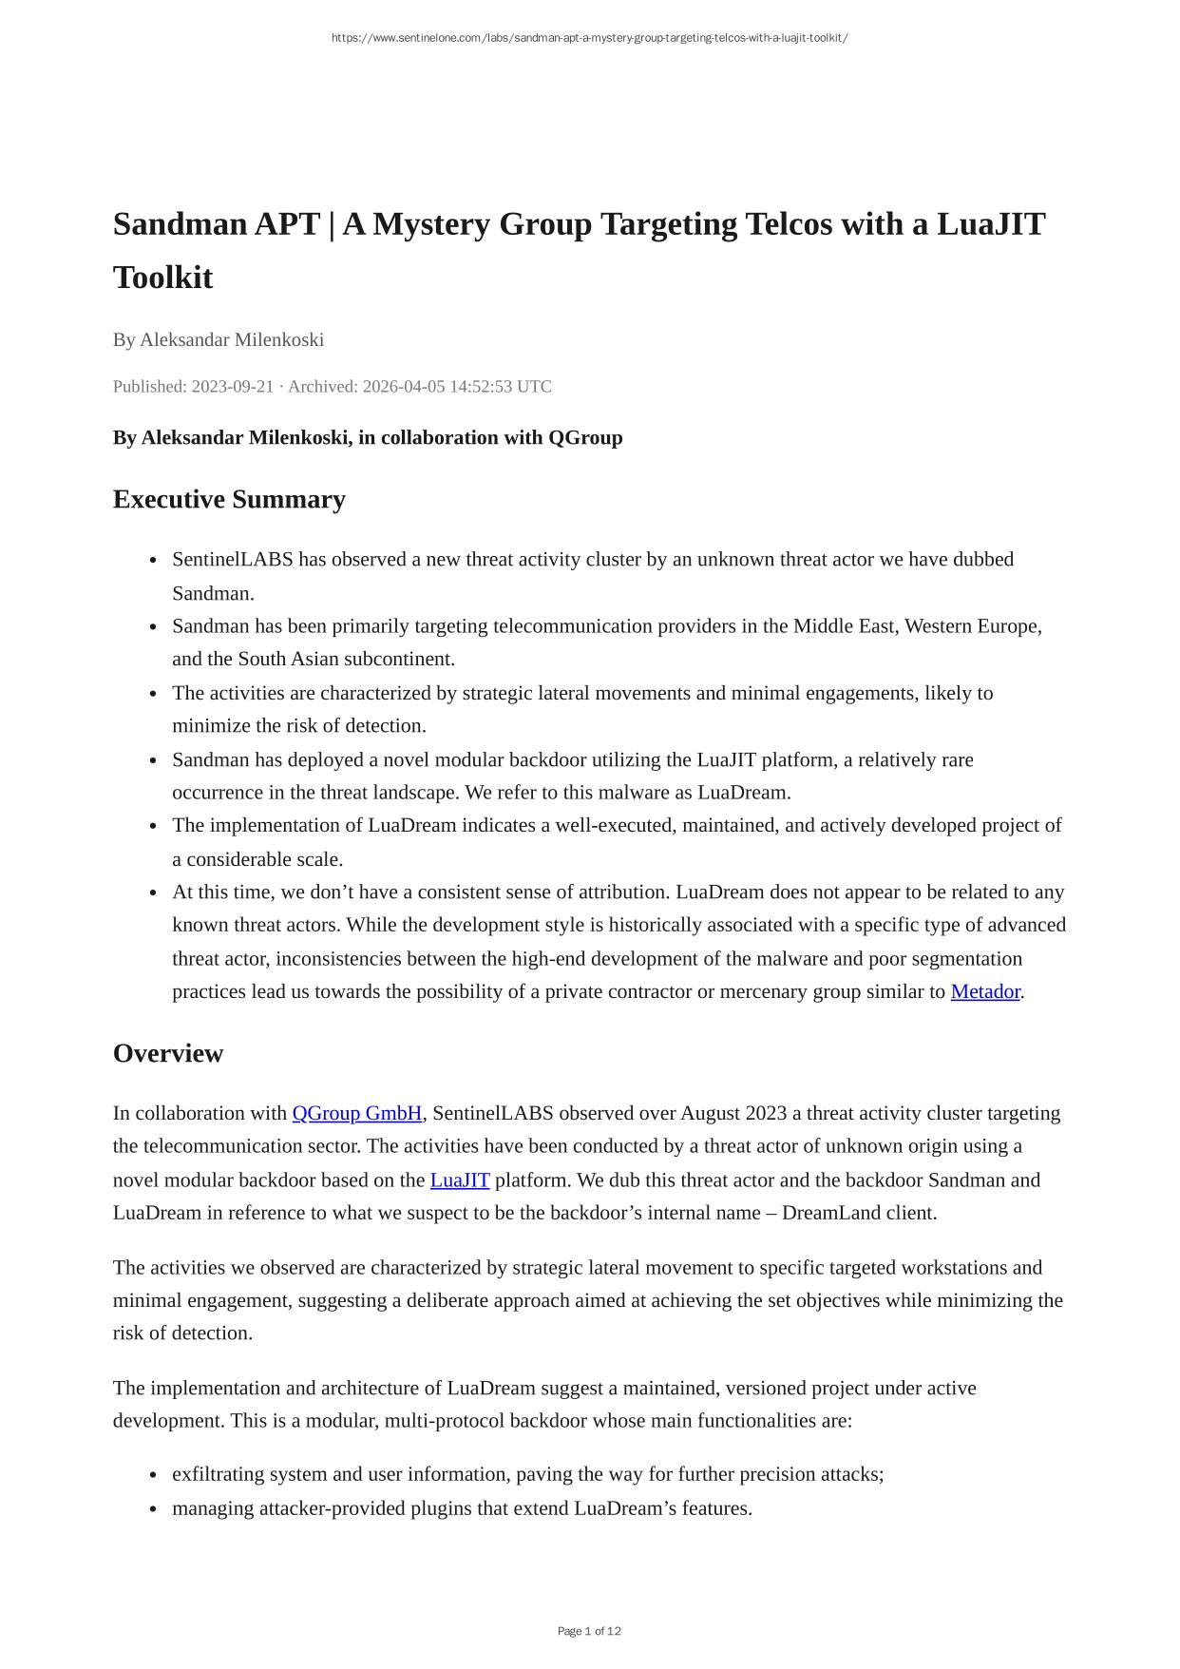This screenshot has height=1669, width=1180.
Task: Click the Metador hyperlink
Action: pos(984,991)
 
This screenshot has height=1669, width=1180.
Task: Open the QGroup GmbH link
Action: pos(356,1113)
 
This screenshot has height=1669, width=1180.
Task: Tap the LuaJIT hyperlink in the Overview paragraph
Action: pos(460,1180)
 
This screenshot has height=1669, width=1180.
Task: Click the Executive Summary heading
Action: pos(229,499)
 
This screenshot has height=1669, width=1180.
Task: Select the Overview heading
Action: pos(168,1053)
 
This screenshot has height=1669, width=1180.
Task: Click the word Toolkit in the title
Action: pos(162,278)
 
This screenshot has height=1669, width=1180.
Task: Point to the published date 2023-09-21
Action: pos(232,386)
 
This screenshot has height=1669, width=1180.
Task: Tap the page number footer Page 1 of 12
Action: pos(589,1631)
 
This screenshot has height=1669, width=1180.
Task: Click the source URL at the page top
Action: pos(589,38)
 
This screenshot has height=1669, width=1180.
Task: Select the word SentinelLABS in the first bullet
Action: pos(233,559)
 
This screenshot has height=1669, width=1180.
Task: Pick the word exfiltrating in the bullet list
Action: pos(219,1474)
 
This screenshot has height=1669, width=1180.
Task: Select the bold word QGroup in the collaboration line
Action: pos(585,437)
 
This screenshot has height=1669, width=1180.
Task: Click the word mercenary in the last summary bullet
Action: pos(766,991)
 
